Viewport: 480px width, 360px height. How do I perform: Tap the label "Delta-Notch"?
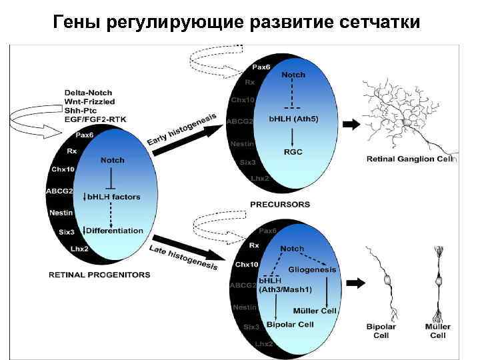point(89,92)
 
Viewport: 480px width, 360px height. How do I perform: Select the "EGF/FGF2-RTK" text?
point(95,118)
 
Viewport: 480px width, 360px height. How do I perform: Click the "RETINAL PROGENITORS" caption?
point(99,274)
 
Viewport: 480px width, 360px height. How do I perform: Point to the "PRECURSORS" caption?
point(280,204)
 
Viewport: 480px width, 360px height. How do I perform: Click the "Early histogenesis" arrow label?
point(182,130)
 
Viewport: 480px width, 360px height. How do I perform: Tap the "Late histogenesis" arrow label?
point(183,257)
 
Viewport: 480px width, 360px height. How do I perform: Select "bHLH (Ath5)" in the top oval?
point(293,119)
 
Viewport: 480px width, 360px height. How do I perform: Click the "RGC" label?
point(293,152)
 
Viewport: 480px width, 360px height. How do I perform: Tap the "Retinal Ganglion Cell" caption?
point(409,159)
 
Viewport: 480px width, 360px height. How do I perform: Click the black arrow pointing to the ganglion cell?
point(350,124)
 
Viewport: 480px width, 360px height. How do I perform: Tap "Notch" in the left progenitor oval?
point(112,160)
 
